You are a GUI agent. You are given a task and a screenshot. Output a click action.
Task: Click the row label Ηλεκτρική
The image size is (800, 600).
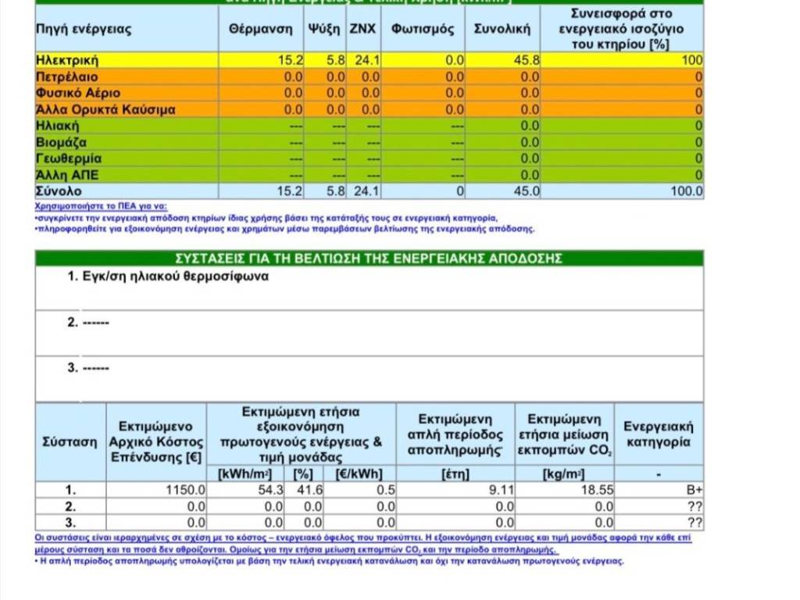pos(67,60)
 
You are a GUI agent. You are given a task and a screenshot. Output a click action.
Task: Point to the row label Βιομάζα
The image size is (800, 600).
pos(61,142)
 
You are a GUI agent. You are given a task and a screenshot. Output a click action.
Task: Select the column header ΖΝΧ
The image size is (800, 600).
pos(362,30)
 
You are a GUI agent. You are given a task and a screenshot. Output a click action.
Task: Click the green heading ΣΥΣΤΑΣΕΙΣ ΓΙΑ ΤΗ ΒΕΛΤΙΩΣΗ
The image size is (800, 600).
pos(369,259)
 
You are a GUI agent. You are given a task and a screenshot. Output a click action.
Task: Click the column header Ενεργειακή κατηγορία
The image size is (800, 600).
pos(658,434)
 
